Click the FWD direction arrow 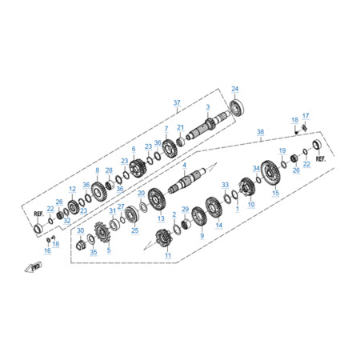coord(34,267)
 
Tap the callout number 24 coord(234,89)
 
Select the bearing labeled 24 coord(237,107)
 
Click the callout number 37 coord(177,102)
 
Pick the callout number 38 coord(260,132)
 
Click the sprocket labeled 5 coord(102,233)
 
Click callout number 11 coord(168,255)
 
